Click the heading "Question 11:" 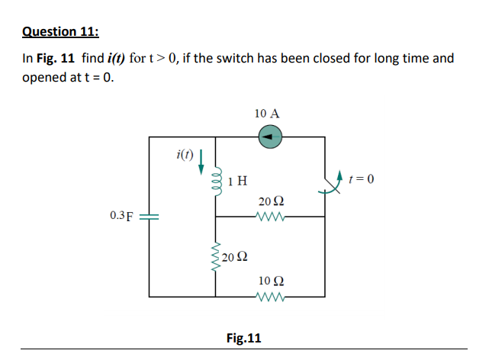pyautogui.click(x=61, y=31)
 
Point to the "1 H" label pyautogui.click(x=237, y=181)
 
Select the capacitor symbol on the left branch pyautogui.click(x=150, y=216)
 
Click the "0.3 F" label pyautogui.click(x=122, y=216)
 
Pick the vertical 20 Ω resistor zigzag pyautogui.click(x=216, y=256)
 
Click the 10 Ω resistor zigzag pyautogui.click(x=271, y=296)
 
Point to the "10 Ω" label pyautogui.click(x=270, y=280)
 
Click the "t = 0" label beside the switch pyautogui.click(x=362, y=179)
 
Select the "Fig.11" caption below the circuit pyautogui.click(x=243, y=337)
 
